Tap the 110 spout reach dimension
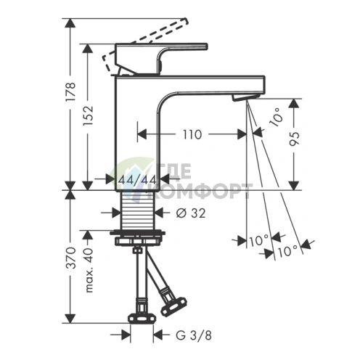192,134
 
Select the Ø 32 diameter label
190,213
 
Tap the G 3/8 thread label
192,335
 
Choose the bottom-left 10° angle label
258,239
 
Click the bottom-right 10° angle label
287,250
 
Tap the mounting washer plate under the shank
137,236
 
